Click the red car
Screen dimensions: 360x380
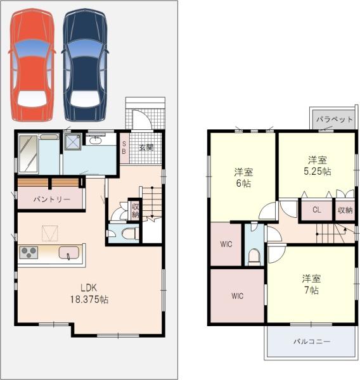(32, 65)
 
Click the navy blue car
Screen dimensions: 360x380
(85, 65)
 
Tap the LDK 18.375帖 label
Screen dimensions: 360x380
(89, 293)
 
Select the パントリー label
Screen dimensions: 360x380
(52, 199)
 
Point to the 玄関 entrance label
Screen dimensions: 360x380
(146, 148)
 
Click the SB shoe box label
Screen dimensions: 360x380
(124, 148)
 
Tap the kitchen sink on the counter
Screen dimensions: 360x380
(69, 253)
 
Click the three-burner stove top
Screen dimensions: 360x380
(29, 253)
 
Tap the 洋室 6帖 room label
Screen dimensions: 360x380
(243, 177)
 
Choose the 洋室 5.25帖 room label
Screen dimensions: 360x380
(318, 166)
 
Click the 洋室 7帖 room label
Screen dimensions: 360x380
(311, 284)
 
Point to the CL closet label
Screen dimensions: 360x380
(316, 210)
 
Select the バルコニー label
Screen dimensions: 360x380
(312, 341)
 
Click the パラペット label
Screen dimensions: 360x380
(334, 119)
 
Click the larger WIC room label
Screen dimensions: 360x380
(237, 296)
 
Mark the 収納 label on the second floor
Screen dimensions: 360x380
(345, 210)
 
